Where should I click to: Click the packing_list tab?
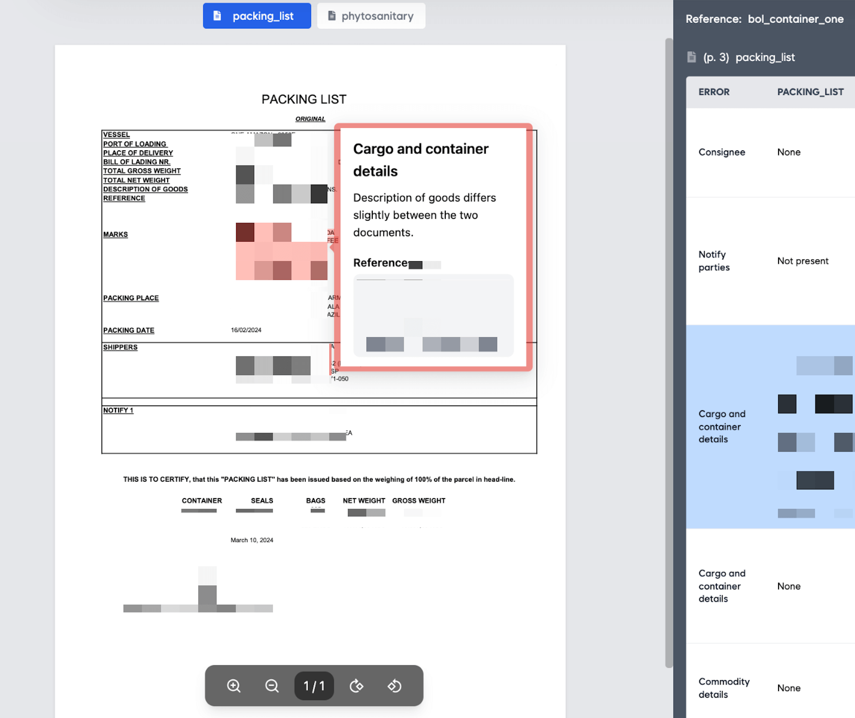(257, 16)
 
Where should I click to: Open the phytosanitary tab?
(371, 16)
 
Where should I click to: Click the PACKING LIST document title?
(304, 100)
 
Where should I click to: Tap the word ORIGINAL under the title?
(310, 119)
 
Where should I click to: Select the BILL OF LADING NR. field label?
(136, 162)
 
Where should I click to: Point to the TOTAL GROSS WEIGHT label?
(142, 171)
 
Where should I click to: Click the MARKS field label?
(116, 234)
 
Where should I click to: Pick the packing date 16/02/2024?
(246, 330)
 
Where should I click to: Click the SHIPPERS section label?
(120, 347)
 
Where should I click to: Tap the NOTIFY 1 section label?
(118, 410)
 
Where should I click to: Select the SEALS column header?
(262, 500)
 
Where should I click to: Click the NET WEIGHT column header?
(364, 500)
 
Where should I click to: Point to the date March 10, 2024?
(252, 540)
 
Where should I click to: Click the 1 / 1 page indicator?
(314, 685)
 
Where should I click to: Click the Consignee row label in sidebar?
(722, 152)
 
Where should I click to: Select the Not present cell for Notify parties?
(802, 261)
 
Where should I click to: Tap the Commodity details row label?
(724, 688)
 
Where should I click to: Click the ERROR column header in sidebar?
(714, 92)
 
